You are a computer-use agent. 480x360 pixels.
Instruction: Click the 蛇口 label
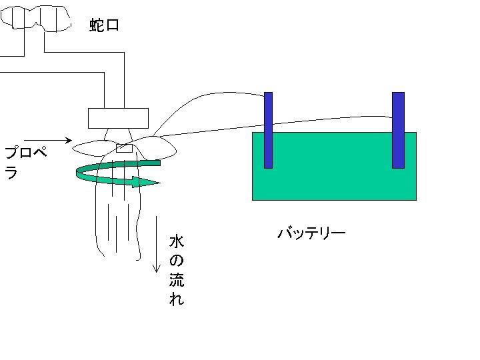coord(104,25)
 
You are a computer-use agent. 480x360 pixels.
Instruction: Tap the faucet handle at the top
coord(36,19)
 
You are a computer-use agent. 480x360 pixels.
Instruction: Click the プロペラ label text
coord(26,162)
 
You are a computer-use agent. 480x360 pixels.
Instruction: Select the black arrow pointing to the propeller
coord(48,141)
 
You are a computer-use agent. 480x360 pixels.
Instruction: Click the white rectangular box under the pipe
coord(118,118)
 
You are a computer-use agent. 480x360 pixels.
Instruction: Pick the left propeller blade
coord(92,148)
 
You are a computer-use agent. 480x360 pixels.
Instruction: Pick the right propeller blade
coord(156,147)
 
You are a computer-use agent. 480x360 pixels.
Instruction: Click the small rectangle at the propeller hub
coord(124,149)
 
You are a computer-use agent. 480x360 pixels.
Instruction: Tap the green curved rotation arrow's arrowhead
coord(146,182)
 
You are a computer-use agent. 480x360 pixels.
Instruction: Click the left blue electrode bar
coord(268,130)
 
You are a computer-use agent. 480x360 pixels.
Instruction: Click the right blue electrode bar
coord(398,130)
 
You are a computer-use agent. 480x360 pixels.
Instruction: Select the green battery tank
coord(334,166)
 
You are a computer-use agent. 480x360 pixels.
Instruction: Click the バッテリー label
coord(311,233)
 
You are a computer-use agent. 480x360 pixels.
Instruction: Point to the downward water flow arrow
coord(157,244)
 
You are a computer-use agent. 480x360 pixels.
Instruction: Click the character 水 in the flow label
coord(177,241)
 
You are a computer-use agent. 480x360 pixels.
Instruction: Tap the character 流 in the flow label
coord(177,279)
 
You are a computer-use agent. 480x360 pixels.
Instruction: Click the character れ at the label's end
coord(177,299)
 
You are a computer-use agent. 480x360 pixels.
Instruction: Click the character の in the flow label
coord(177,261)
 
